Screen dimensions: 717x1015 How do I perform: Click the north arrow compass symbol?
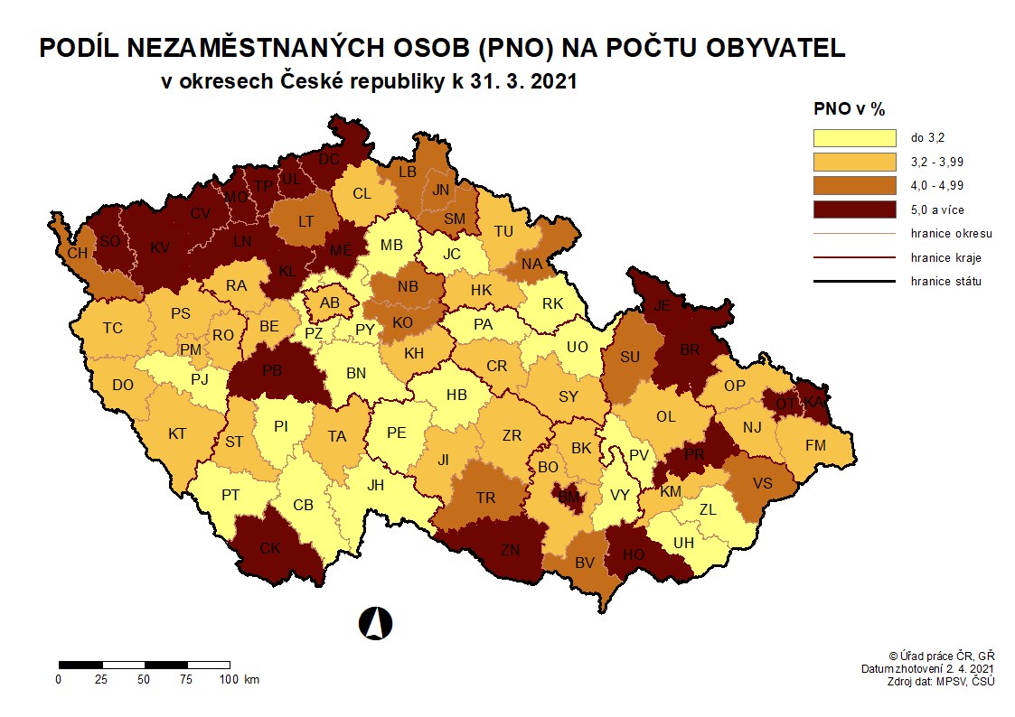(375, 621)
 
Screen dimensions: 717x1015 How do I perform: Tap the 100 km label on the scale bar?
(237, 679)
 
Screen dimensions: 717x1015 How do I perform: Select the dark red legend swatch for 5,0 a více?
(853, 209)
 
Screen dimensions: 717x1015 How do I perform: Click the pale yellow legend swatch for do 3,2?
(853, 138)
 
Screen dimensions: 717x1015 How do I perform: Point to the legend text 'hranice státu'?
(946, 281)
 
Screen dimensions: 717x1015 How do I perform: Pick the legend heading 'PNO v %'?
(849, 109)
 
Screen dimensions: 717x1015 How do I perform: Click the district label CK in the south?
(269, 548)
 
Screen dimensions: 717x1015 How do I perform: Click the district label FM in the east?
(815, 445)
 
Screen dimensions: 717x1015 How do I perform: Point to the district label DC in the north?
(329, 159)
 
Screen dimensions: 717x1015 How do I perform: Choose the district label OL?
(665, 416)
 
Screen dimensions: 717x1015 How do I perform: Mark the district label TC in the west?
(112, 328)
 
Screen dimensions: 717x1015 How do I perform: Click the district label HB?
(456, 394)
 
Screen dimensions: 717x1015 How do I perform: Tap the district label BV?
(586, 563)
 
